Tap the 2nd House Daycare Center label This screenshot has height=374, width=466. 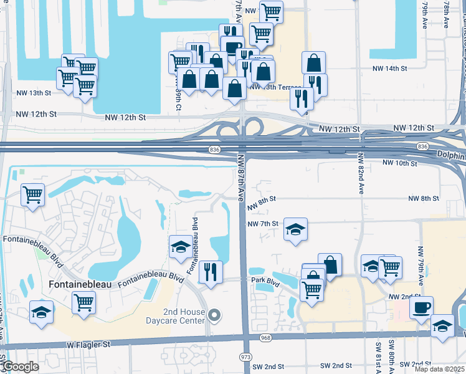(x=184, y=316)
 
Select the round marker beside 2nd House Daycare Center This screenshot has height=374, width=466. (x=215, y=315)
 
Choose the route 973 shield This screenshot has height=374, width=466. (x=245, y=355)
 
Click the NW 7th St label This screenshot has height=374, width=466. (x=262, y=224)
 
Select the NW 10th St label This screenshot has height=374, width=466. (x=399, y=163)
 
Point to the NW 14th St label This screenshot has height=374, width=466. (x=389, y=69)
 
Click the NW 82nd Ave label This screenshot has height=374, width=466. (x=361, y=174)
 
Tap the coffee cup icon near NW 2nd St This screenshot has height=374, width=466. (x=421, y=308)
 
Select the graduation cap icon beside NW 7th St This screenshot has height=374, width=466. (x=295, y=229)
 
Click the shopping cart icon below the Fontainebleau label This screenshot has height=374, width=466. (x=83, y=303)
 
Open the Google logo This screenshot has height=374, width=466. (x=21, y=367)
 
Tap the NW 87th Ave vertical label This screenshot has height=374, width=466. (x=239, y=177)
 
